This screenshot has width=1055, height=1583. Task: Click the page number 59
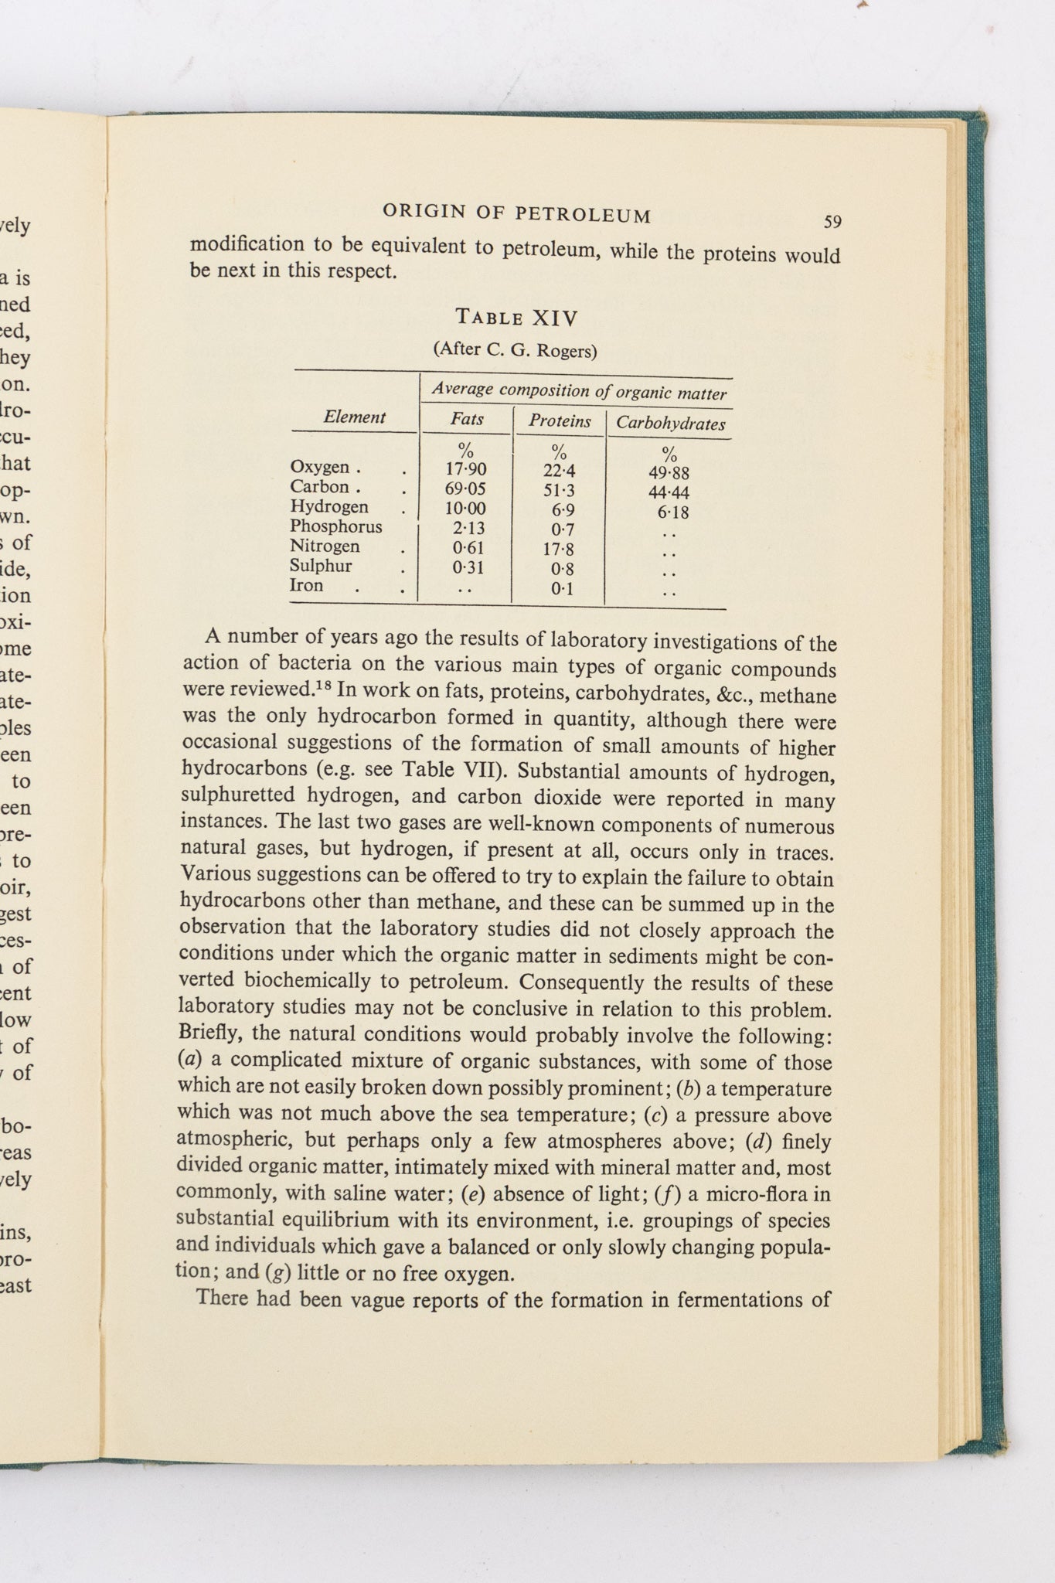(832, 223)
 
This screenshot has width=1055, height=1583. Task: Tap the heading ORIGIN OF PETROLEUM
(517, 213)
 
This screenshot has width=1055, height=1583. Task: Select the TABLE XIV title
(517, 317)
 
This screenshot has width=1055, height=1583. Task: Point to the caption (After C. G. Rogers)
(516, 350)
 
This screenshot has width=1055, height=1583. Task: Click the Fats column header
(467, 419)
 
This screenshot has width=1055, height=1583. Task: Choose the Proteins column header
(560, 421)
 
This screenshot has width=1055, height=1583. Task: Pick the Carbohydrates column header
(670, 424)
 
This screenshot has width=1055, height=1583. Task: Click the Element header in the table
(354, 417)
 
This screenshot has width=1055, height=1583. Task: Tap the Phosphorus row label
(335, 526)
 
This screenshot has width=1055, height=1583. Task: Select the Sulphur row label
(321, 566)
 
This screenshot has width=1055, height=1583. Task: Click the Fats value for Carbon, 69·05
(465, 489)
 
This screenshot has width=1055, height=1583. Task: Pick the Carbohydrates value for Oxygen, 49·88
(669, 473)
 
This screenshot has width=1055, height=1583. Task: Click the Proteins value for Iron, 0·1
(562, 589)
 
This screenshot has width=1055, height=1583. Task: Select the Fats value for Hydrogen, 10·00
(465, 509)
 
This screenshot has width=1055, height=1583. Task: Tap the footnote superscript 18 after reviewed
(322, 685)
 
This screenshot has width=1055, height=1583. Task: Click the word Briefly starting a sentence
(211, 1033)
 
